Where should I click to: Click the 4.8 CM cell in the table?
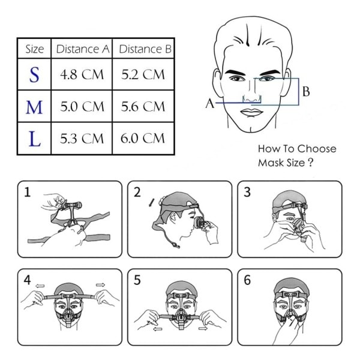82,74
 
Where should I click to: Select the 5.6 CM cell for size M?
143,107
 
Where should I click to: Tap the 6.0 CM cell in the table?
143,138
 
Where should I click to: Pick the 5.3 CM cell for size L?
82,139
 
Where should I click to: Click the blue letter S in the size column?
34,74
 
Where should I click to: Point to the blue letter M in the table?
34,107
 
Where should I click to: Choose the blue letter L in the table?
35,139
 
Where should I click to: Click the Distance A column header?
83,49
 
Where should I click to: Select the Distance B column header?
145,49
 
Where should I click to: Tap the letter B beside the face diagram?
306,91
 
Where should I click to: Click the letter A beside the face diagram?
209,103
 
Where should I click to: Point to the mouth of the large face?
251,113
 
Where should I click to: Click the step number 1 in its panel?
28,192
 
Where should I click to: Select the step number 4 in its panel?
28,280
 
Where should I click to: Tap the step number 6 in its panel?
247,280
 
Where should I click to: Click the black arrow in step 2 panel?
152,202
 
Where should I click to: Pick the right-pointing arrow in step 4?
101,285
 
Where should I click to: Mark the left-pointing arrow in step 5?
157,329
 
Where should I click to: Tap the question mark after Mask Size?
310,163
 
